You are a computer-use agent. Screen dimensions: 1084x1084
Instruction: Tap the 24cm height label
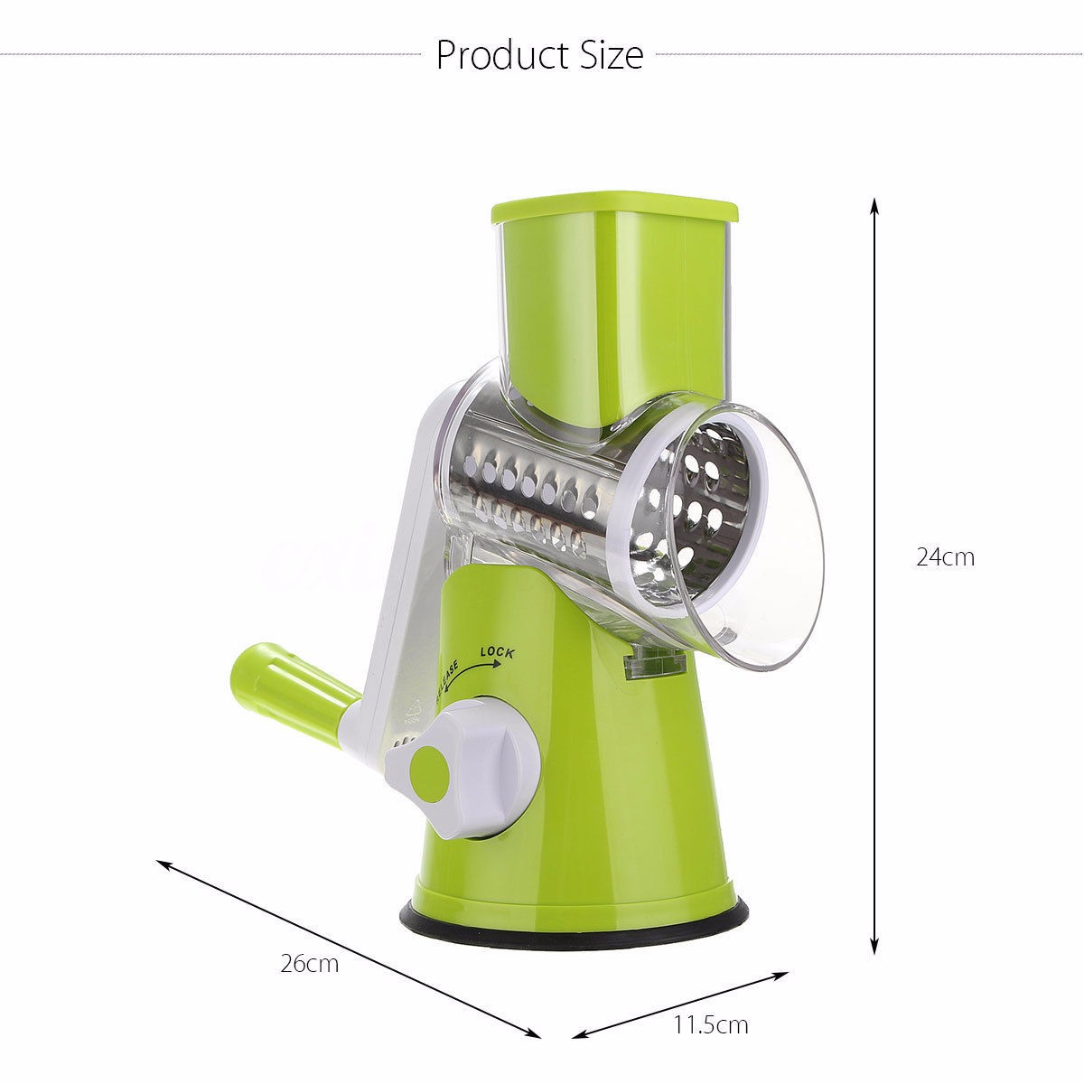click(x=945, y=556)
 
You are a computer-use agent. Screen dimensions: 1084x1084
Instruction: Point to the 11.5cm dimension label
click(x=711, y=1024)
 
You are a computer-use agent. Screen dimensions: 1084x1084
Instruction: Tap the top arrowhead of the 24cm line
click(x=874, y=204)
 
